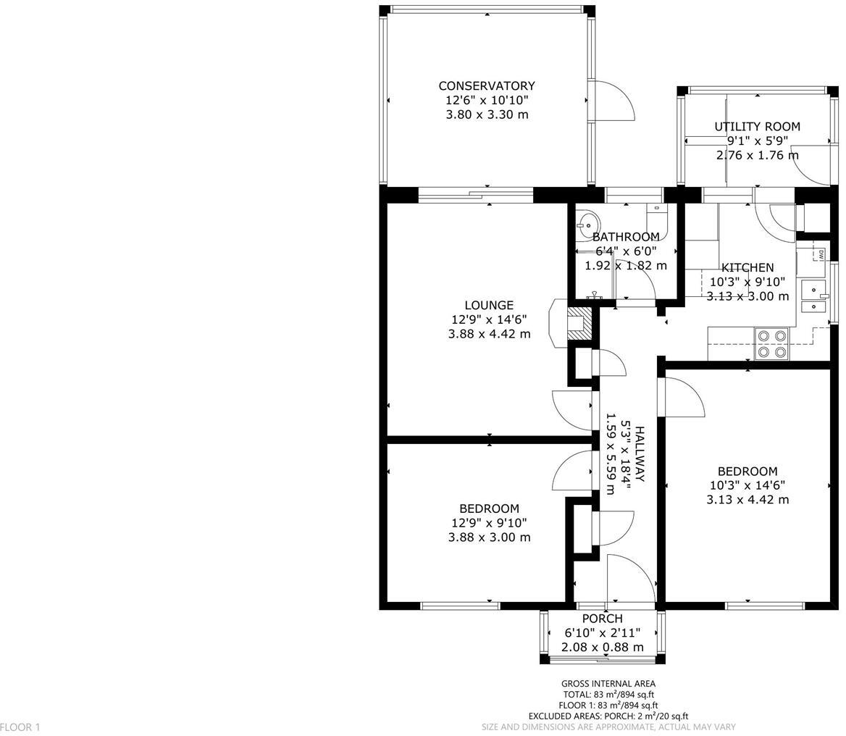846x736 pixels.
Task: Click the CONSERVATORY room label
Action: pyautogui.click(x=486, y=85)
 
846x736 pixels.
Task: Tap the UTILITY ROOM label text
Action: pyautogui.click(x=757, y=127)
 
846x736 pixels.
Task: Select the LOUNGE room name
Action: pyautogui.click(x=489, y=306)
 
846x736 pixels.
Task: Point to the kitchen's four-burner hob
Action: pyautogui.click(x=771, y=344)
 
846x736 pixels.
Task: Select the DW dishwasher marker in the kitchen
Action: pyautogui.click(x=821, y=254)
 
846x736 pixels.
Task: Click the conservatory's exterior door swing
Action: pyautogui.click(x=612, y=101)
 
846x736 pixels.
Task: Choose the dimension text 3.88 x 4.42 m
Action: pyautogui.click(x=489, y=334)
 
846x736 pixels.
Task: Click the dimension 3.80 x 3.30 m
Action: pyautogui.click(x=486, y=114)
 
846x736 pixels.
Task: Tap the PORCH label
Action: pyautogui.click(x=602, y=619)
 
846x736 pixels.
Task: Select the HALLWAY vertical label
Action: pyautogui.click(x=639, y=454)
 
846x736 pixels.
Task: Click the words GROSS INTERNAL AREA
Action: pyautogui.click(x=608, y=683)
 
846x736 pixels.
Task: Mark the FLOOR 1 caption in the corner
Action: pyautogui.click(x=20, y=727)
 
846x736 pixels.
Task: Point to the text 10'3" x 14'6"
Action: pyautogui.click(x=747, y=485)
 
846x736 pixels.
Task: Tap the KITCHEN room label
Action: pyautogui.click(x=747, y=267)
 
